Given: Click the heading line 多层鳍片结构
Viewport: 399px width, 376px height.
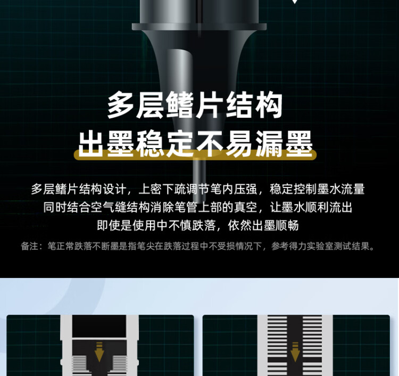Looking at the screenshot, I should pos(195,106).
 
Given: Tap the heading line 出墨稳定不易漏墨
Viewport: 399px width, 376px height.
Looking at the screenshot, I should pos(195,142).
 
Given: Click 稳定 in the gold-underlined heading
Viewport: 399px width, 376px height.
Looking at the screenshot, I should pos(152,142).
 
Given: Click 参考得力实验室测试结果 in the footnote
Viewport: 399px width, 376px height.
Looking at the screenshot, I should pos(323,246).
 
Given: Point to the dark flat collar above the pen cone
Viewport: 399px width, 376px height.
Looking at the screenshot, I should pos(199,26).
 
